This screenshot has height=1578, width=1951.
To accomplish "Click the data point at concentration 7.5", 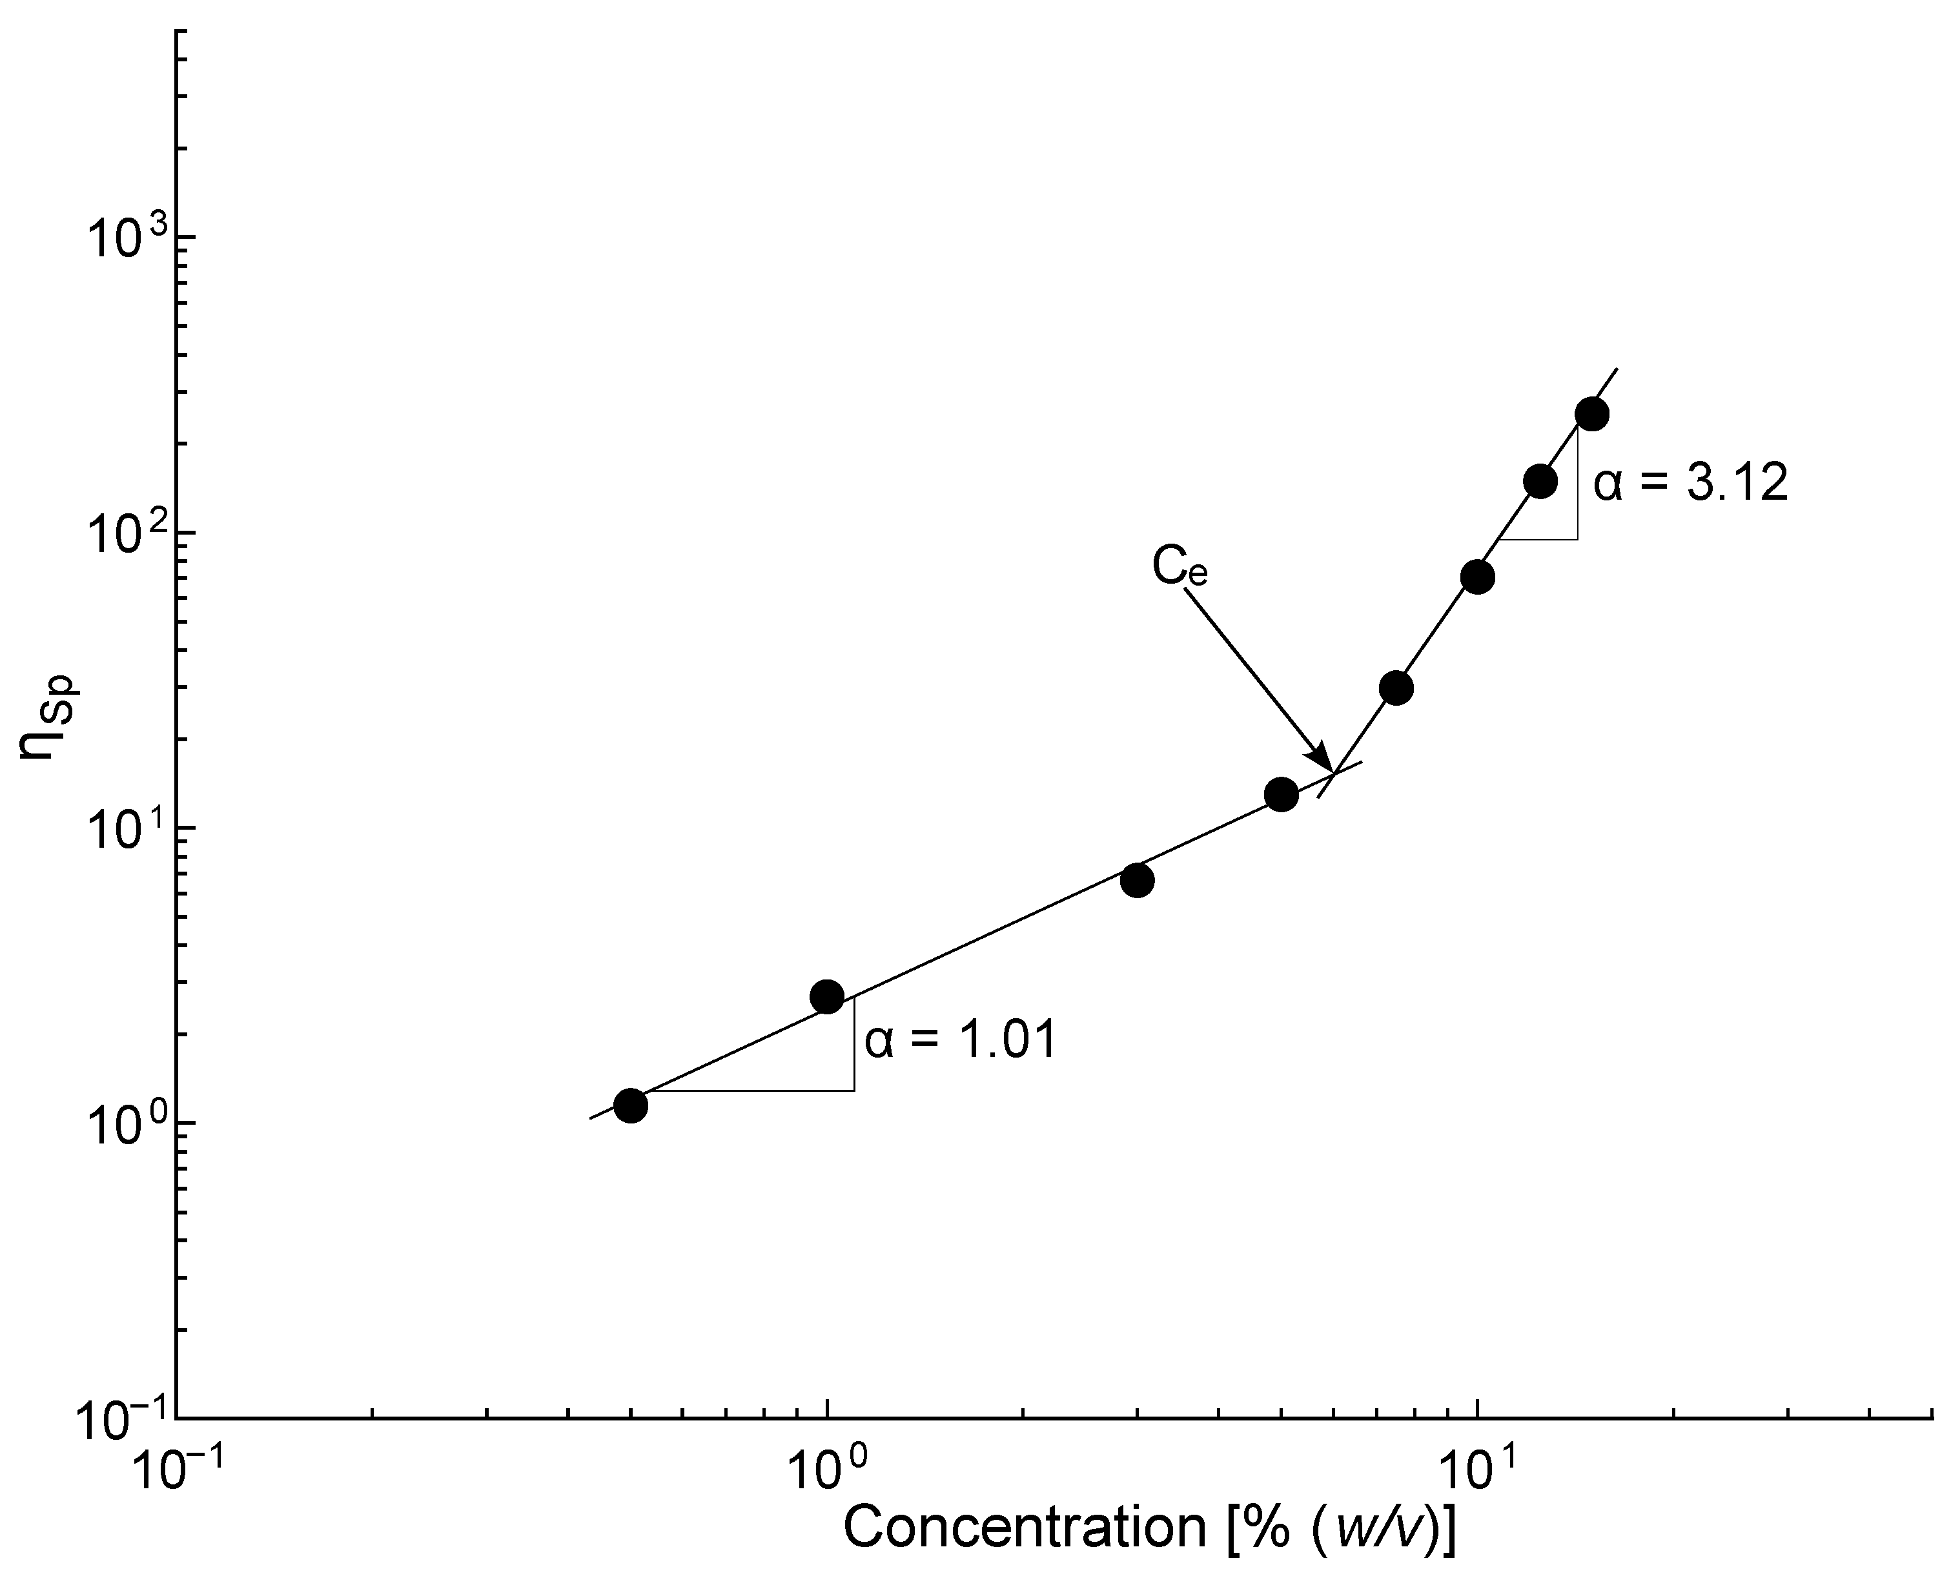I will (1396, 688).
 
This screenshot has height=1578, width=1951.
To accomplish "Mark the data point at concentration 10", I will (1478, 577).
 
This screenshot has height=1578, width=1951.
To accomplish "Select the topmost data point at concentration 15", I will (1592, 415).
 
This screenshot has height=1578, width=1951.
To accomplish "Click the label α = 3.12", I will (1691, 484).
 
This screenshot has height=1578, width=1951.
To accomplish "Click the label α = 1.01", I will (961, 1040).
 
